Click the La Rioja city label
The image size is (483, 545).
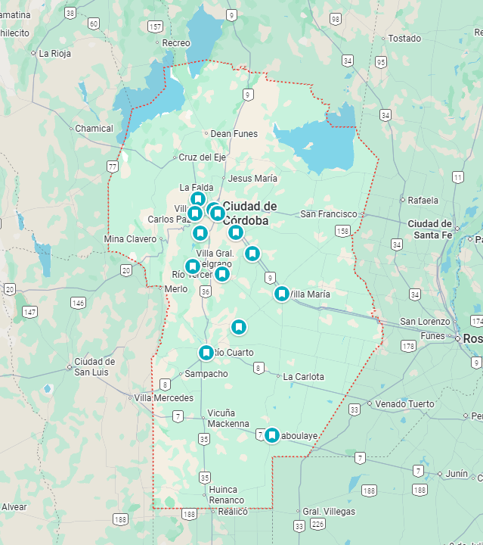(55, 54)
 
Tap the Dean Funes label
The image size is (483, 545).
(234, 134)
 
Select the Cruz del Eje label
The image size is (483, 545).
(202, 157)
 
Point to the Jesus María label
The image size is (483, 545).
(252, 179)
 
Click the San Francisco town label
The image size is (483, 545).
(329, 214)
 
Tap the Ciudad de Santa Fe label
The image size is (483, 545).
(429, 229)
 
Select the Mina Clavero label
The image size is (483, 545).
(130, 239)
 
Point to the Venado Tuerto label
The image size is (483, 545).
(404, 404)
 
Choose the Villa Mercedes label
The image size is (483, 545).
(164, 398)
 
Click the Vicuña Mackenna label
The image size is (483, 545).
(228, 419)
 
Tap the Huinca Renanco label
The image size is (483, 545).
(227, 495)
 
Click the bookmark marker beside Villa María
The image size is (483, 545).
(282, 294)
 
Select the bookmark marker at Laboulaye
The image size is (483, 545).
(271, 435)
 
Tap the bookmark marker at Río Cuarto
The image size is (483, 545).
(206, 353)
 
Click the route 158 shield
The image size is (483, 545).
(342, 230)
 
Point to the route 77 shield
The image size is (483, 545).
(113, 167)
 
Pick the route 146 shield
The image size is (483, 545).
(78, 303)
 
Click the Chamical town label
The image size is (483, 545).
(94, 129)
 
